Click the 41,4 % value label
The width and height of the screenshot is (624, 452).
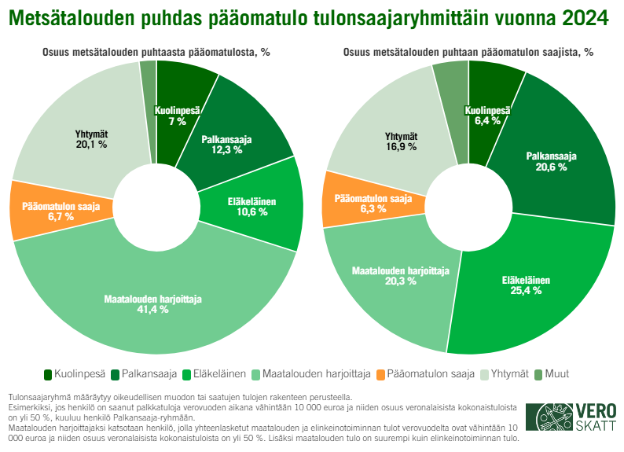click(x=153, y=309)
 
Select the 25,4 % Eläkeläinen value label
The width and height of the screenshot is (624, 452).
click(x=526, y=290)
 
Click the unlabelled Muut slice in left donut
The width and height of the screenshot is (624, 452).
click(x=148, y=72)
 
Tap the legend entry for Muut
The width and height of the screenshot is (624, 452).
click(x=556, y=374)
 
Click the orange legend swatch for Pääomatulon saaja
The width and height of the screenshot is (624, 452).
click(x=380, y=374)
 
